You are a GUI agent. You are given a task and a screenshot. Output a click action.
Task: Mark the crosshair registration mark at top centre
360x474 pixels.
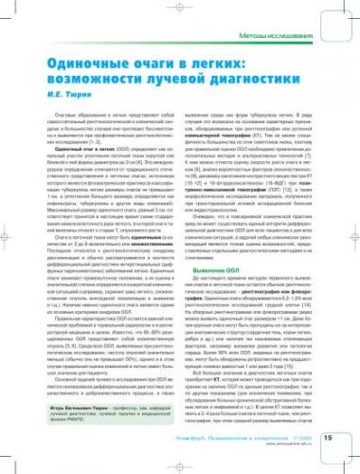(180, 8)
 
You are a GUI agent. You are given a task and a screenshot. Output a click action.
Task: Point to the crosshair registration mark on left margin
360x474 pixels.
(8, 237)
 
